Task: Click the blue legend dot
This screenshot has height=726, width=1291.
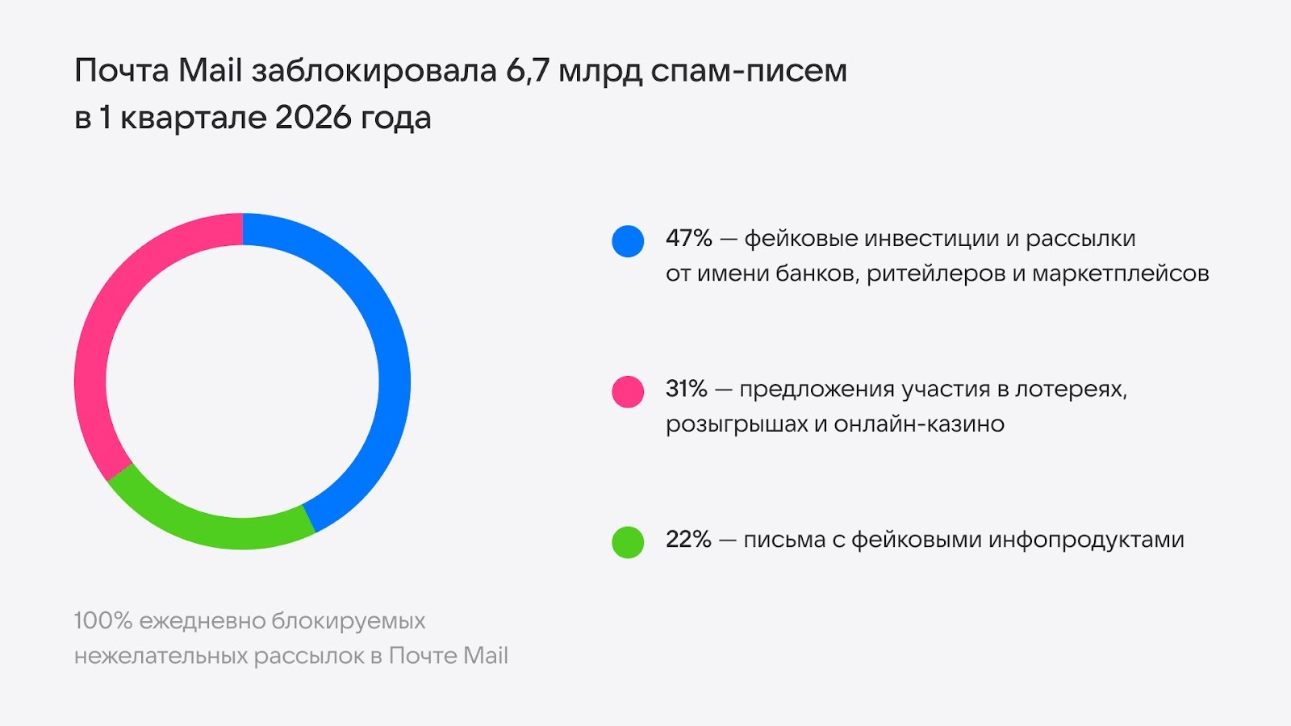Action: (x=628, y=241)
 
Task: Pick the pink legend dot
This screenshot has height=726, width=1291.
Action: (x=628, y=392)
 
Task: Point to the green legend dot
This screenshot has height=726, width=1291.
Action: (x=628, y=542)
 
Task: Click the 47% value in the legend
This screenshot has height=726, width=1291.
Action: (x=688, y=239)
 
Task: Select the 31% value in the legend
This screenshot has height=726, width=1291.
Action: (x=686, y=389)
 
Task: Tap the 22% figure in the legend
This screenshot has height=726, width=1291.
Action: (x=688, y=539)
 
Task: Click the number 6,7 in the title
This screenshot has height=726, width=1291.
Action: (x=528, y=71)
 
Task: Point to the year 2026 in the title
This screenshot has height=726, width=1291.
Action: (x=313, y=118)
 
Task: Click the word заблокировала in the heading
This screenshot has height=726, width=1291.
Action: (x=374, y=71)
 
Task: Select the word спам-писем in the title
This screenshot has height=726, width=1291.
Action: (x=749, y=71)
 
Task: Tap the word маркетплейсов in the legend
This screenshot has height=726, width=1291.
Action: (x=1121, y=273)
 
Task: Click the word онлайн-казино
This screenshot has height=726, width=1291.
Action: (x=919, y=423)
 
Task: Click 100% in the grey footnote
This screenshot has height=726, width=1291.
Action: (x=102, y=621)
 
